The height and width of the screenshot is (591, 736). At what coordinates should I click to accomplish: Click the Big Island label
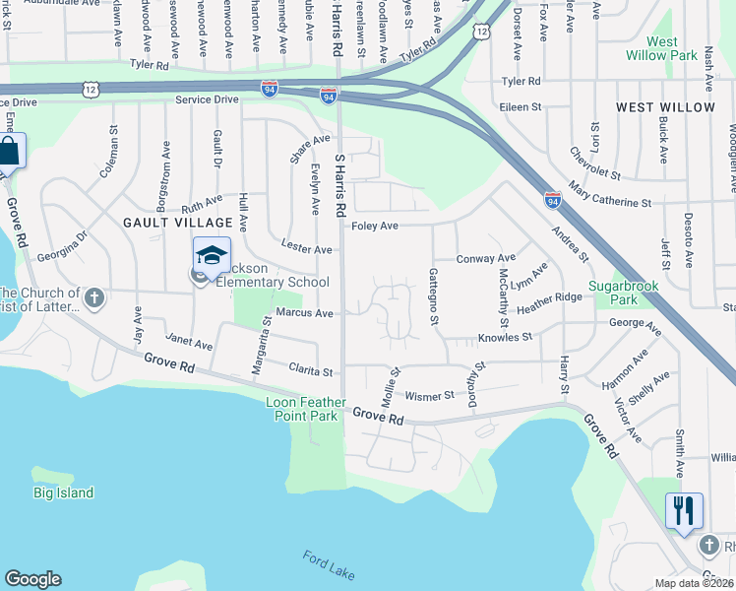[63, 492]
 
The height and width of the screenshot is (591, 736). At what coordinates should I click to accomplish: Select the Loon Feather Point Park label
[306, 409]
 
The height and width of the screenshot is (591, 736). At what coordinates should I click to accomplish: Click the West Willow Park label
[661, 49]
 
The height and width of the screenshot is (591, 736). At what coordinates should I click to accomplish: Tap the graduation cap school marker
[212, 255]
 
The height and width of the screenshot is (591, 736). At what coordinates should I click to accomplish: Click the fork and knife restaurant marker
[684, 510]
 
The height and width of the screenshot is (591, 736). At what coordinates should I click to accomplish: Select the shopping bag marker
[9, 153]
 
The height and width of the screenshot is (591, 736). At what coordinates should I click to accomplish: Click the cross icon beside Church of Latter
[94, 296]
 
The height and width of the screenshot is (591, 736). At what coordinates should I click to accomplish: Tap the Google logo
[32, 579]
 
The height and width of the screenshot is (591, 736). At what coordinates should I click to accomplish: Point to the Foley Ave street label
[375, 226]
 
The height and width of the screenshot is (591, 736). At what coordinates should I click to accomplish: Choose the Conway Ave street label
[486, 258]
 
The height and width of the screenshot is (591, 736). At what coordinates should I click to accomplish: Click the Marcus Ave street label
[305, 312]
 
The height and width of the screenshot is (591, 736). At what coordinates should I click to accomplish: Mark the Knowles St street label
[505, 337]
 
